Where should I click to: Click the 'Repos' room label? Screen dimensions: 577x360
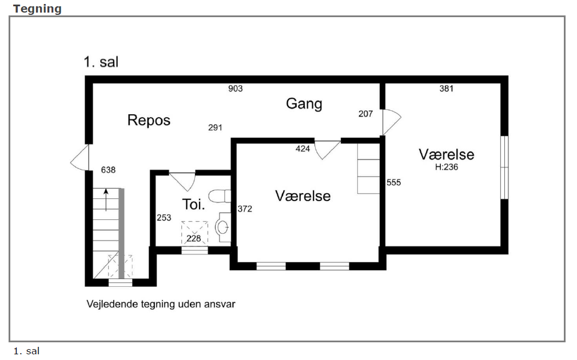[149, 120]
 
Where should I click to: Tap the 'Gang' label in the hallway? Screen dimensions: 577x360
[304, 104]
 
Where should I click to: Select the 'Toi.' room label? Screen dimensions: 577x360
[193, 205]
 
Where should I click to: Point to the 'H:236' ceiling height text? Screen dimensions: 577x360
[447, 167]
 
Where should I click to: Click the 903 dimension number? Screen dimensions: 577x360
[236, 89]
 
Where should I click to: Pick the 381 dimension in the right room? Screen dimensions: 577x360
[447, 89]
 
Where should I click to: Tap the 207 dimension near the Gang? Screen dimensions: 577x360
[365, 114]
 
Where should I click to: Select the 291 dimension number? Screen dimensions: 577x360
[215, 127]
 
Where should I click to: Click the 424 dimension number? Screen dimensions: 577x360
[303, 149]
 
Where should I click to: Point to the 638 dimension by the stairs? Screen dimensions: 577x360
[108, 170]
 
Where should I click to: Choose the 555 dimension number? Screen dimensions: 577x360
[393, 182]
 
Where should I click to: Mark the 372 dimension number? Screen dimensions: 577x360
[245, 209]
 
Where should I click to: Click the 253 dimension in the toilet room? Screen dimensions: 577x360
[164, 218]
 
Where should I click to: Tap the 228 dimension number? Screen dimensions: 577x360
[193, 239]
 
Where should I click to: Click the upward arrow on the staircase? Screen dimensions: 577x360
[106, 200]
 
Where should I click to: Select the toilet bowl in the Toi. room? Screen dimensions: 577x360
[220, 197]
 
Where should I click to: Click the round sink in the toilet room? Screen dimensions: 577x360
[222, 227]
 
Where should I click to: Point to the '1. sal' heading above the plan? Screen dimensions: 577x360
[101, 62]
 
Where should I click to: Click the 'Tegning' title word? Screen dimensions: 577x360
[37, 9]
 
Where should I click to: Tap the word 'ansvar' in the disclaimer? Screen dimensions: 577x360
[220, 305]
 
